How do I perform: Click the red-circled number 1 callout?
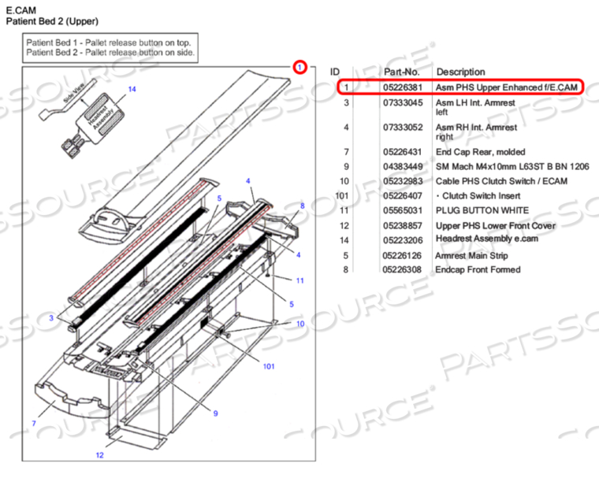[299, 67]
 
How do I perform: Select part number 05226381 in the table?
[403, 87]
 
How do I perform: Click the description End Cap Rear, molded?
[481, 152]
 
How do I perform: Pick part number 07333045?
[403, 102]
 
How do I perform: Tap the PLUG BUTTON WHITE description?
[482, 210]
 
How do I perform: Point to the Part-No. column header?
[401, 72]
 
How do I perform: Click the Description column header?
[461, 72]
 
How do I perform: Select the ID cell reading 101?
[341, 196]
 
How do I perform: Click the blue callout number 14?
[132, 89]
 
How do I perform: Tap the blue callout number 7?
[34, 423]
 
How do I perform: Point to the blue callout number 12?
[100, 454]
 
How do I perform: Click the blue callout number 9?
[215, 413]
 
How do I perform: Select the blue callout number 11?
[300, 280]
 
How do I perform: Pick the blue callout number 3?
[51, 318]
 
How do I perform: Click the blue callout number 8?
[302, 206]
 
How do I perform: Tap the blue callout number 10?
[300, 324]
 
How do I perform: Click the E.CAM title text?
[21, 10]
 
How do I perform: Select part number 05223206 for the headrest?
[403, 240]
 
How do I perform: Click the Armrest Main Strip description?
[472, 255]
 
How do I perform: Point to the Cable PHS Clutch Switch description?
[501, 181]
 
